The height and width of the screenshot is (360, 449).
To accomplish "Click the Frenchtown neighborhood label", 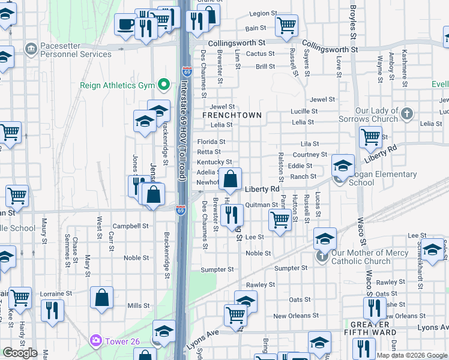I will click(x=232, y=115).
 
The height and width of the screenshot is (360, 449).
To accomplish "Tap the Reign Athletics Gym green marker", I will click(x=162, y=85).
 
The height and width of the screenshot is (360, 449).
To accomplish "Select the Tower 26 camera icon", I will click(x=95, y=341).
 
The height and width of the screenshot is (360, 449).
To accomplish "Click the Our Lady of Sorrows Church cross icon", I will click(x=407, y=113).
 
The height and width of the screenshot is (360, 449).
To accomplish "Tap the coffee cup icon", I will click(x=126, y=25).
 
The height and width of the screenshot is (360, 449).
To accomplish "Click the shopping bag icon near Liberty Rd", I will click(x=231, y=178).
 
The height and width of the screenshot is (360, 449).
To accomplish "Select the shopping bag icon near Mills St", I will click(x=101, y=296).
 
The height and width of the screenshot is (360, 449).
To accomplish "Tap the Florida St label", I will click(x=211, y=142).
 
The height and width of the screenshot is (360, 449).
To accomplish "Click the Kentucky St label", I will click(x=214, y=162).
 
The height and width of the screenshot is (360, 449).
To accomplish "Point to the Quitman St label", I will click(x=262, y=205).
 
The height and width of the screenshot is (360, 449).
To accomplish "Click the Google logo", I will click(x=20, y=353).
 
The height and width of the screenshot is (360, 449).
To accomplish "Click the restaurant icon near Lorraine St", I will click(x=52, y=310).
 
